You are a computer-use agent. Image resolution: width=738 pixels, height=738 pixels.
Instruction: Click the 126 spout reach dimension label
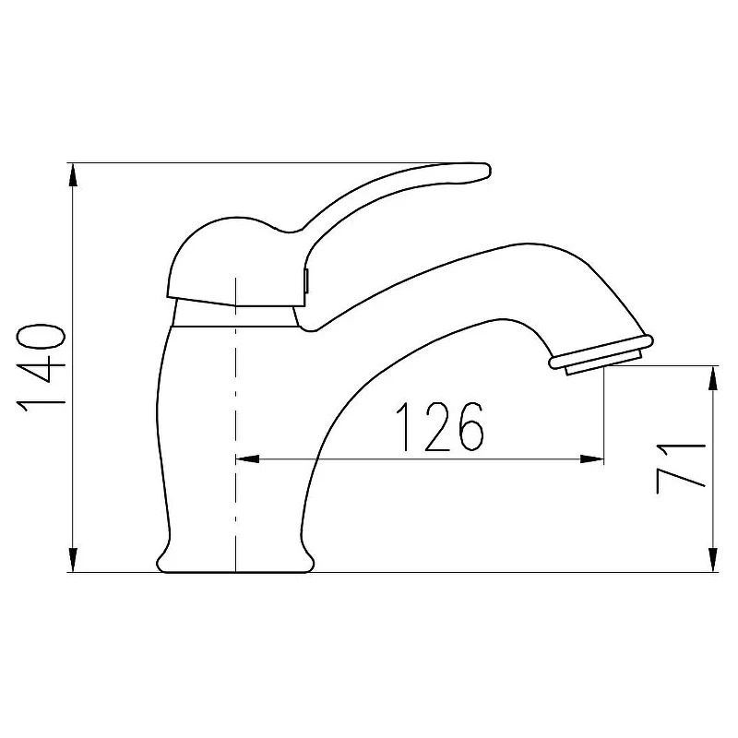pyautogui.click(x=440, y=427)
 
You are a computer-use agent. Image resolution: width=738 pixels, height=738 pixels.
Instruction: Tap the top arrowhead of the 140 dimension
pyautogui.click(x=73, y=176)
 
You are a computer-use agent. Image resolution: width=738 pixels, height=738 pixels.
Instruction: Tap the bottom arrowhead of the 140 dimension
pyautogui.click(x=73, y=560)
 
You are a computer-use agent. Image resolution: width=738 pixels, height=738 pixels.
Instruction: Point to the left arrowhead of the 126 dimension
pyautogui.click(x=247, y=458)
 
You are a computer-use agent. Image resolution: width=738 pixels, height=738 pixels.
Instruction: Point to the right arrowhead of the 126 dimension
pyautogui.click(x=591, y=458)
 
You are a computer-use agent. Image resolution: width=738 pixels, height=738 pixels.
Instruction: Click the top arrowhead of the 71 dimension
pyautogui.click(x=714, y=378)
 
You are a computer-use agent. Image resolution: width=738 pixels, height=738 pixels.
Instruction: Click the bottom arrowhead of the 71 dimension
pyautogui.click(x=714, y=560)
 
